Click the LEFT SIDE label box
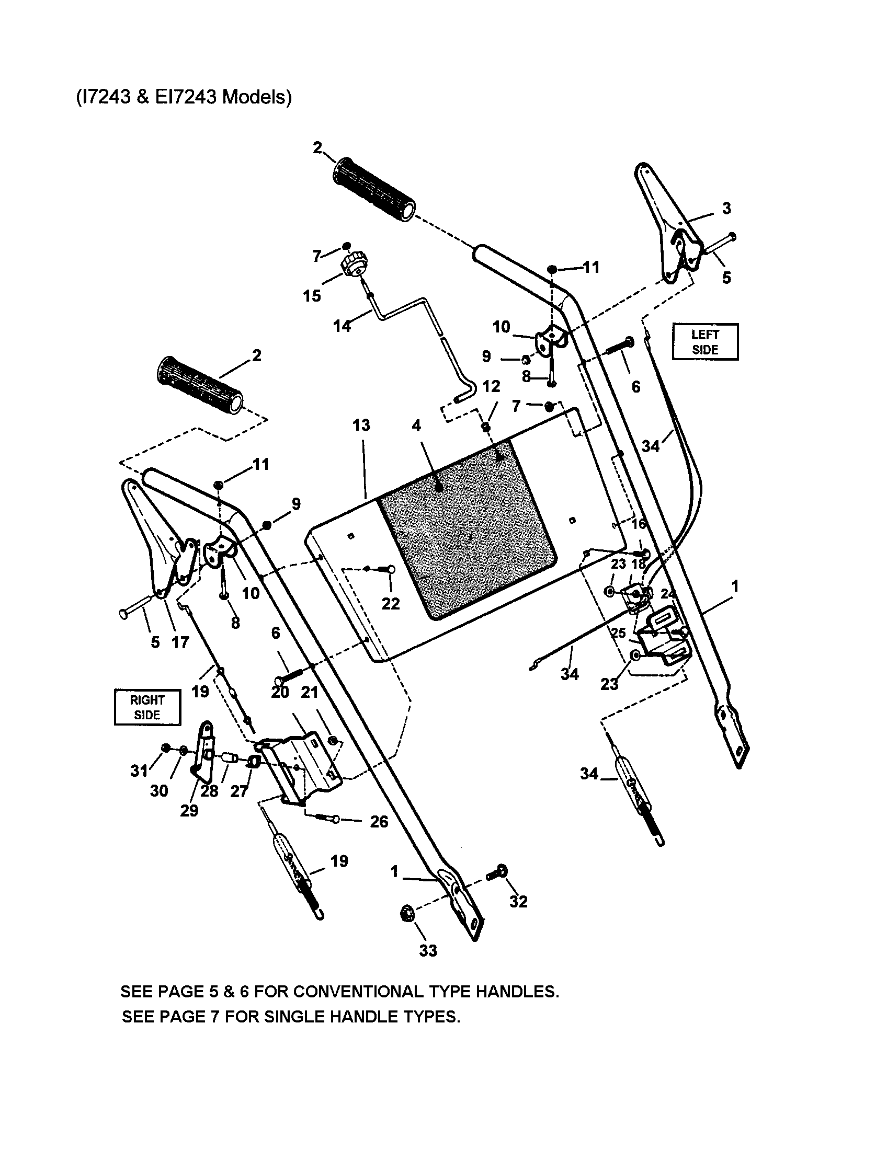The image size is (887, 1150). (705, 342)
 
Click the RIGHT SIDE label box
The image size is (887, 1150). (147, 707)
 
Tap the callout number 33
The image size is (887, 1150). (428, 950)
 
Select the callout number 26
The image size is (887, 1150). (379, 821)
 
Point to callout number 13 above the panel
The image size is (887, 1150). (361, 425)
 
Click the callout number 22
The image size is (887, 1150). (390, 603)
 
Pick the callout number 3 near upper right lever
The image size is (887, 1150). (726, 209)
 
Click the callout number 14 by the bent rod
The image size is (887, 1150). (342, 327)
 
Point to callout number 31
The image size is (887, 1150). (139, 771)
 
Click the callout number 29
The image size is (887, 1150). (189, 810)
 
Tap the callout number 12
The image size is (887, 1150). (491, 386)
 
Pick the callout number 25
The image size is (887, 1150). (618, 632)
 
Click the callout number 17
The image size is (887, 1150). (180, 642)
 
